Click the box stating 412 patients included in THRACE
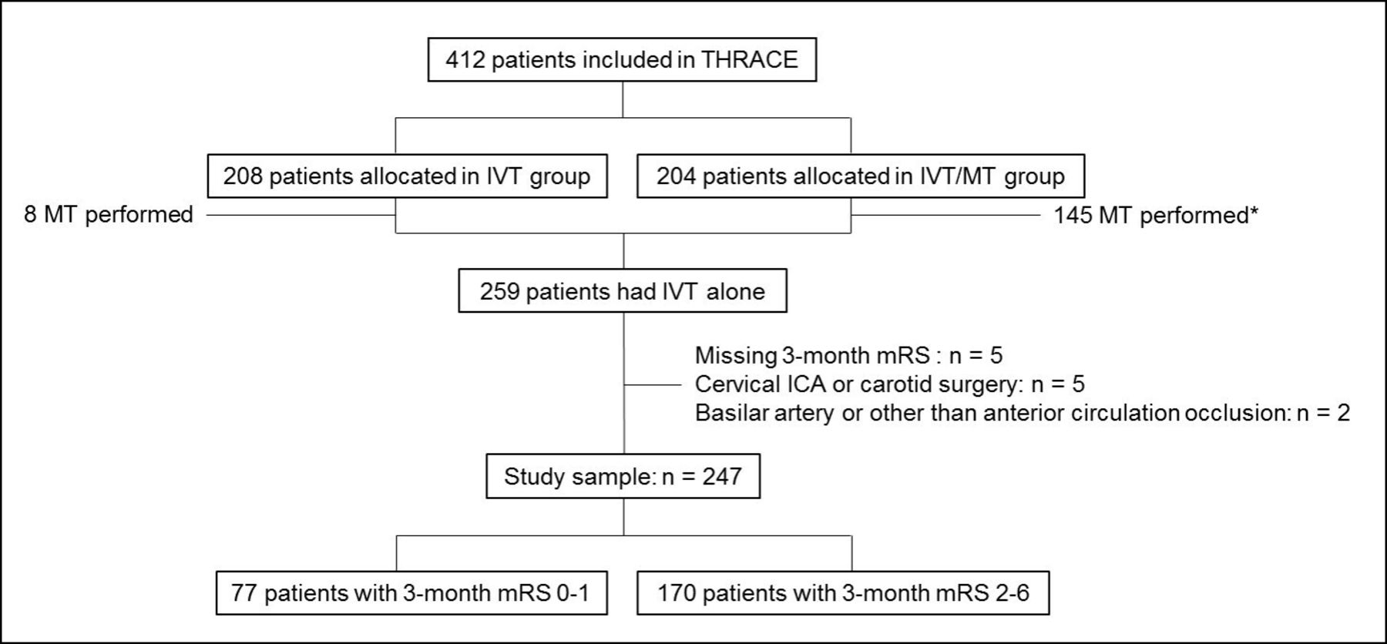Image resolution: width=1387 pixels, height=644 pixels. pyautogui.click(x=622, y=59)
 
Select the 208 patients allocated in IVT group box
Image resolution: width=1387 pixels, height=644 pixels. pyautogui.click(x=407, y=176)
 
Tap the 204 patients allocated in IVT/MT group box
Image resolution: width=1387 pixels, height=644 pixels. pyautogui.click(x=861, y=176)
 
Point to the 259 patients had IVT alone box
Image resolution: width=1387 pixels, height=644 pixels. pyautogui.click(x=623, y=290)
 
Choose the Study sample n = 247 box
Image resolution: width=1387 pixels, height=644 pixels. pyautogui.click(x=623, y=476)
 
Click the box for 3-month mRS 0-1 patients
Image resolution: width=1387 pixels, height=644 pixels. pyautogui.click(x=411, y=592)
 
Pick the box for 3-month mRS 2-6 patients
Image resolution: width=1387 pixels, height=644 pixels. pyautogui.click(x=843, y=592)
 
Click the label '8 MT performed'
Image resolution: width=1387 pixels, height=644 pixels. pyautogui.click(x=109, y=214)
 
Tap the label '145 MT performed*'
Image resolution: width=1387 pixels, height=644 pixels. pyautogui.click(x=1156, y=215)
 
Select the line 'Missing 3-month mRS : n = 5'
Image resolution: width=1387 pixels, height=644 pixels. pyautogui.click(x=848, y=355)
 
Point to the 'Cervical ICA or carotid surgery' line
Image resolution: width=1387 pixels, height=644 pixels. pyautogui.click(x=890, y=384)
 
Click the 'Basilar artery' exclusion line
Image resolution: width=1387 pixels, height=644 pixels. pyautogui.click(x=1023, y=413)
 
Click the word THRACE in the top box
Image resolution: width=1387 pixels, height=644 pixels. pyautogui.click(x=749, y=59)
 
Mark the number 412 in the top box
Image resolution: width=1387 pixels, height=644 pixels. pyautogui.click(x=465, y=59)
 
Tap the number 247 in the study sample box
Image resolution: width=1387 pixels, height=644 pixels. pyautogui.click(x=722, y=476)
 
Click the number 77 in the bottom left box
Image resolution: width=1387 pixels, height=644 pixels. pyautogui.click(x=244, y=592)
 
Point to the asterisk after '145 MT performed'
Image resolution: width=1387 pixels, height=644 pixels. pyautogui.click(x=1254, y=210)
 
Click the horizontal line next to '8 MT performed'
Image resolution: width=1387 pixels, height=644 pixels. pyautogui.click(x=301, y=215)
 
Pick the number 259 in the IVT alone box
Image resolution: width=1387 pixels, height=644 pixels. pyautogui.click(x=499, y=291)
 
